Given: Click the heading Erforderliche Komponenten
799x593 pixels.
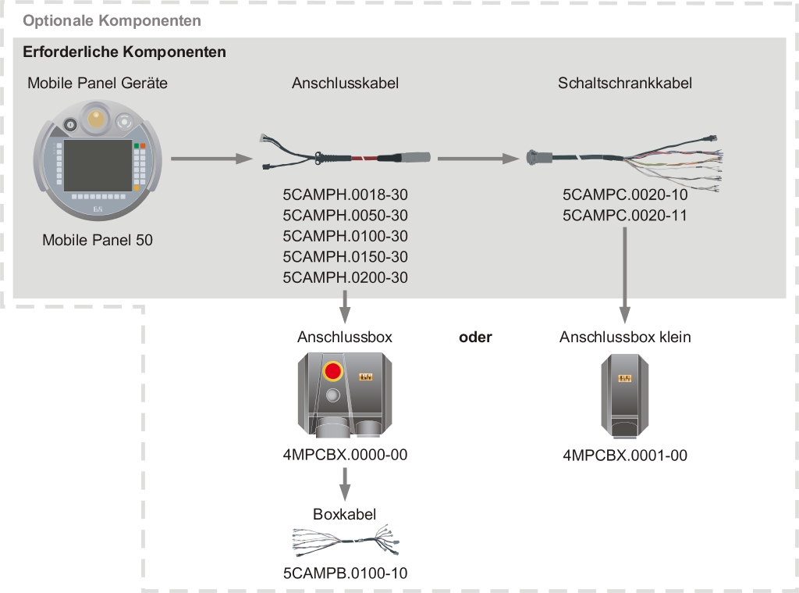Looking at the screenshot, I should tap(125, 52).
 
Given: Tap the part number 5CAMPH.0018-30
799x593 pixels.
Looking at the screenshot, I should tap(345, 195).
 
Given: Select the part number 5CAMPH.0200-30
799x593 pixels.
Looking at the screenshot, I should tap(345, 277).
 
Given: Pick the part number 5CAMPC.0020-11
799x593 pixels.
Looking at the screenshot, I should tap(624, 215).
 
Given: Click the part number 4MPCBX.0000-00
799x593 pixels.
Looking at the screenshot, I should tap(345, 455).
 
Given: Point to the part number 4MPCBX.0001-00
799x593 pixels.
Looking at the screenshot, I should tap(624, 455).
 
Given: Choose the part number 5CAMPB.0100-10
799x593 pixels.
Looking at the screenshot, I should tap(345, 573).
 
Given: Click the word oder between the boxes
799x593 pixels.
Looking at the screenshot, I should tap(475, 338).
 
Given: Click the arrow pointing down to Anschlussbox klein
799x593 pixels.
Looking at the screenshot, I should tap(624, 273).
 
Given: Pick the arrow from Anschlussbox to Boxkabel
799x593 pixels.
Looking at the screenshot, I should tap(345, 484).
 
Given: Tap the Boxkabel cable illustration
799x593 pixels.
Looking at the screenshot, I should tap(345, 540).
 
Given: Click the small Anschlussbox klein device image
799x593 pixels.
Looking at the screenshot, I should tap(624, 395).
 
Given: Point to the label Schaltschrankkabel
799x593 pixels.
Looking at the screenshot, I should tap(624, 83).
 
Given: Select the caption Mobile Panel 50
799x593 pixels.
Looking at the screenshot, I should tap(98, 240).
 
